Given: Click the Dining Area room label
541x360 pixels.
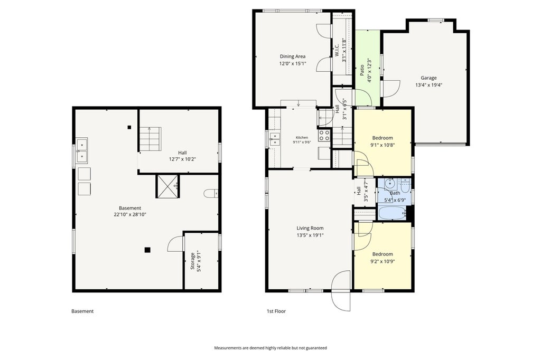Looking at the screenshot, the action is tap(293, 56).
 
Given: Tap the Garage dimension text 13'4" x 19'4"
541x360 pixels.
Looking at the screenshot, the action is tap(428, 85).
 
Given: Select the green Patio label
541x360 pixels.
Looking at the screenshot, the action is tap(362, 70).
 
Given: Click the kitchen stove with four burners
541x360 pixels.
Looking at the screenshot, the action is tap(324, 135).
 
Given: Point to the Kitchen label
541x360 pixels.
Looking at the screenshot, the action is tap(302, 138).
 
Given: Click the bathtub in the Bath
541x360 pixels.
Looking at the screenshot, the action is tap(393, 213).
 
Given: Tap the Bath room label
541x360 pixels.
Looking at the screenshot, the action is tap(395, 193).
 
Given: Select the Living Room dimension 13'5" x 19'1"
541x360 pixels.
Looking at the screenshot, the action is tap(310, 235).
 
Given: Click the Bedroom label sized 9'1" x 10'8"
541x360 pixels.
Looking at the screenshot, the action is tap(383, 138).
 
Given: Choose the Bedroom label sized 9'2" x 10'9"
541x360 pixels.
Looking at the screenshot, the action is tap(383, 254).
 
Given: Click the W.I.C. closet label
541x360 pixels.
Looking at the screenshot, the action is tap(337, 50).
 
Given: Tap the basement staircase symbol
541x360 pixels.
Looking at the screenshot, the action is tap(151, 139).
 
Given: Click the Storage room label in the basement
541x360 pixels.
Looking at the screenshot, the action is tap(193, 261).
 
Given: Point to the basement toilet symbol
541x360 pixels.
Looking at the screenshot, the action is tap(210, 193).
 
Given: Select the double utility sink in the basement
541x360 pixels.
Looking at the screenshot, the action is tap(82, 150).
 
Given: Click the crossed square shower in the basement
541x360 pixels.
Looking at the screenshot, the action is tap(167, 186).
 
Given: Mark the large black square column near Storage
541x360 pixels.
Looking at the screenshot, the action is tap(147, 250).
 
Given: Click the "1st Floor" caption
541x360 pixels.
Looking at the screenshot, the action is tap(276, 311).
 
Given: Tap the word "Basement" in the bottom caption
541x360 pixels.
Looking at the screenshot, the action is tap(82, 311).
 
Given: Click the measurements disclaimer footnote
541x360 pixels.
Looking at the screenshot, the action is tap(270, 348).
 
